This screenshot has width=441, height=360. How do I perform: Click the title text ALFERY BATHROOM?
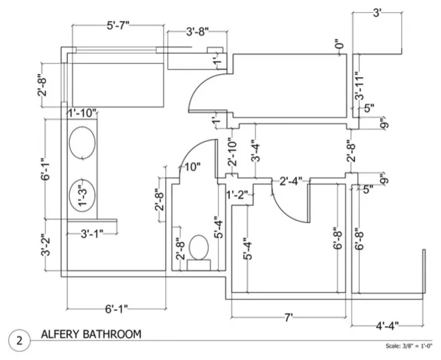[x=91, y=334]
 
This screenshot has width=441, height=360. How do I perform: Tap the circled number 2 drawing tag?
[x=20, y=340]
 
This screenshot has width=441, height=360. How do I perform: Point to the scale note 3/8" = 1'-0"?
[x=408, y=346]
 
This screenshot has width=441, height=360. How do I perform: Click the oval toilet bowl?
[x=199, y=247]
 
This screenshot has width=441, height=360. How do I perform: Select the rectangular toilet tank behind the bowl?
[x=199, y=265]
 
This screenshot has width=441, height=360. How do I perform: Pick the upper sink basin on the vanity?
[x=82, y=142]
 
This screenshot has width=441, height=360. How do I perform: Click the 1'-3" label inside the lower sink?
[x=83, y=195]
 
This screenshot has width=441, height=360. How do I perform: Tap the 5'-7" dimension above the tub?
[x=118, y=26]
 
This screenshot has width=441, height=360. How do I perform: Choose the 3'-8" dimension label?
[x=198, y=31]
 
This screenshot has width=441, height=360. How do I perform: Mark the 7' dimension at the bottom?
[x=289, y=318]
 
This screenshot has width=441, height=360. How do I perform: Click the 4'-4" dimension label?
[x=387, y=326]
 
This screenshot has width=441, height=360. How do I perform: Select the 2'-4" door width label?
[x=291, y=181]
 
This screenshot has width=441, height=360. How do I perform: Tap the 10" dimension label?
[x=192, y=167]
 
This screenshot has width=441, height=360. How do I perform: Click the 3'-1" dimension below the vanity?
[x=92, y=234]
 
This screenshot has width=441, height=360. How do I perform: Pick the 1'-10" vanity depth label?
[x=82, y=113]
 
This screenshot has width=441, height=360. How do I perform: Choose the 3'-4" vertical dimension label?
[x=255, y=151]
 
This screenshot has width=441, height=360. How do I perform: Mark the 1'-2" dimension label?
[x=238, y=194]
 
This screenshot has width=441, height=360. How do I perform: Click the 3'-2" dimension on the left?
[x=45, y=245]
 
